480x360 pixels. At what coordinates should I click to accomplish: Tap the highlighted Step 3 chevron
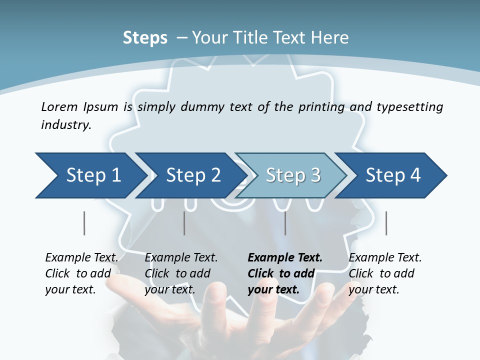pyautogui.click(x=293, y=175)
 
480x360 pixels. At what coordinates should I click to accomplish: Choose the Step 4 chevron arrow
pyautogui.click(x=393, y=175)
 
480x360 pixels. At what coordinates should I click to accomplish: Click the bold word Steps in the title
pyautogui.click(x=145, y=38)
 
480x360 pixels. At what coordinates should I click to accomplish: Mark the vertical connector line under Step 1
pyautogui.click(x=84, y=223)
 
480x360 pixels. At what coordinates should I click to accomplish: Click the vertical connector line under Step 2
pyautogui.click(x=184, y=223)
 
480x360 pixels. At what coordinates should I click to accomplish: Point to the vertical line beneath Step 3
pyautogui.click(x=285, y=223)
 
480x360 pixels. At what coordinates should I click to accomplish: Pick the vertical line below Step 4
pyautogui.click(x=386, y=223)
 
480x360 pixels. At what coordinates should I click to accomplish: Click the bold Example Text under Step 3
pyautogui.click(x=285, y=258)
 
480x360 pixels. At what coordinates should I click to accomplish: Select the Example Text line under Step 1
pyautogui.click(x=81, y=258)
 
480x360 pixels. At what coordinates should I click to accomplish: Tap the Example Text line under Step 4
pyautogui.click(x=385, y=258)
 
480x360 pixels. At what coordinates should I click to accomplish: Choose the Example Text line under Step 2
pyautogui.click(x=181, y=258)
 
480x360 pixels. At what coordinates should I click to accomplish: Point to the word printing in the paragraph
pyautogui.click(x=321, y=107)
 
